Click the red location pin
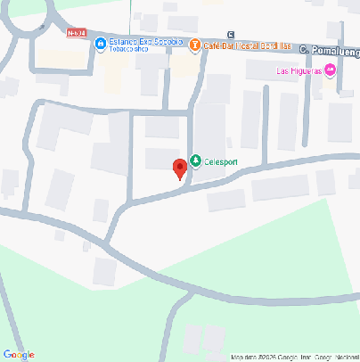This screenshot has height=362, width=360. tap(179, 168)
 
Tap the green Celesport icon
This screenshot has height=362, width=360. tap(196, 161)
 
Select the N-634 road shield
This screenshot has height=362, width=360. tap(78, 34)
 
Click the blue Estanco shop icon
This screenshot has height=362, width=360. tap(102, 42)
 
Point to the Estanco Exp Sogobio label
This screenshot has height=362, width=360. tap(146, 42)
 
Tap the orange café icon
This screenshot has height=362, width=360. tap(195, 45)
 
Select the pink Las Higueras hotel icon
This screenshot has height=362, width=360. tap(331, 70)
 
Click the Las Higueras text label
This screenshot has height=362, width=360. tap(299, 71)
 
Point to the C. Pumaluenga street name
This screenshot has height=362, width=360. tap(329, 50)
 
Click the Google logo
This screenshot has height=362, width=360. tap(19, 355)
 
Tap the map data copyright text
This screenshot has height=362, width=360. tap(294, 357)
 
